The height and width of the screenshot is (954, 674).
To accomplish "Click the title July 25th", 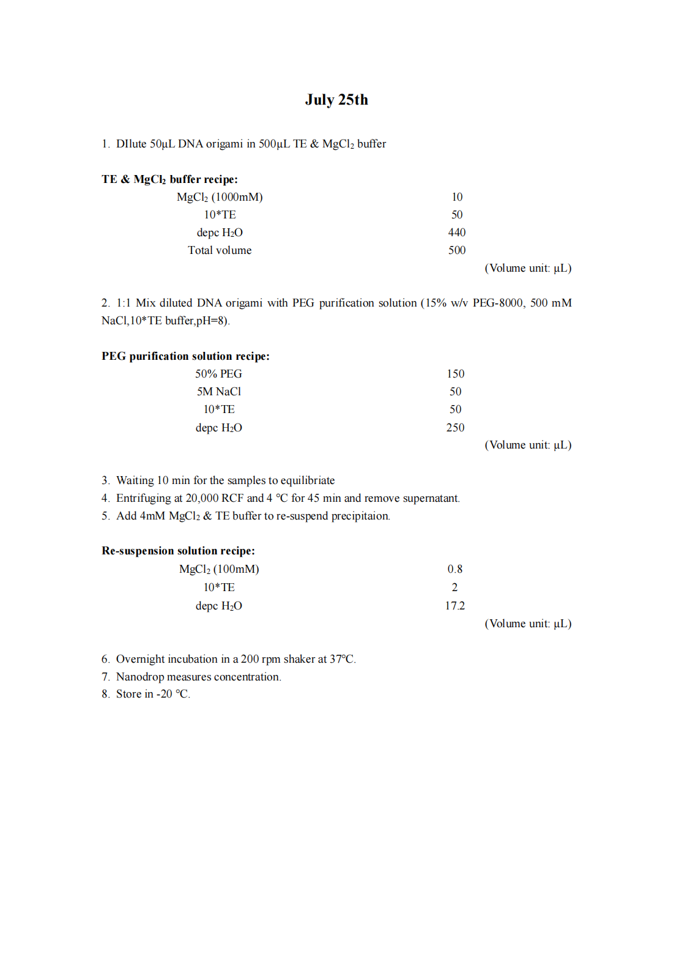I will (336, 100).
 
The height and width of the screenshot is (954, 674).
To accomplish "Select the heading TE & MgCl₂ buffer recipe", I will (169, 179).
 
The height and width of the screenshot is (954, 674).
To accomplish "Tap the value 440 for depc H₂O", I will (456, 233).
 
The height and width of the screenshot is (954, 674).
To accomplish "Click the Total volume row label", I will (220, 250).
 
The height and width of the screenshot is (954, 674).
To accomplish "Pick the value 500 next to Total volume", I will (456, 250).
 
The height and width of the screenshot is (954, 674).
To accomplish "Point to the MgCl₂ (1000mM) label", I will (220, 197).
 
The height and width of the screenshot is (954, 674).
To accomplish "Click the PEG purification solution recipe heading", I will (185, 356).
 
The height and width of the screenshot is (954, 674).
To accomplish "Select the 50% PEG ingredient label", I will (218, 374).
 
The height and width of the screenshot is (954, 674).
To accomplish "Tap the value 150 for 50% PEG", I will (455, 374).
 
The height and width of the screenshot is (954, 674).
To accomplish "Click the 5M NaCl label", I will (218, 392).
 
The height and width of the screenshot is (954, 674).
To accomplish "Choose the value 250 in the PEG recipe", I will (455, 428).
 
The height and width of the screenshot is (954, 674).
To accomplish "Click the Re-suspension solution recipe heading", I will (178, 551).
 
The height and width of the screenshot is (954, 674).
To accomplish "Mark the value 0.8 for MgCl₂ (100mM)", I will (454, 569).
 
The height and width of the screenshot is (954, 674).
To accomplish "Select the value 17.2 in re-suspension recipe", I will (454, 606).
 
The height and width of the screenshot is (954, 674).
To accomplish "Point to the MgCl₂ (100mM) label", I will (219, 569).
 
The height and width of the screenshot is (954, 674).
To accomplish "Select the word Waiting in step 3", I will (135, 480).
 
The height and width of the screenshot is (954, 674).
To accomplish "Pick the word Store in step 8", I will (128, 694).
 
